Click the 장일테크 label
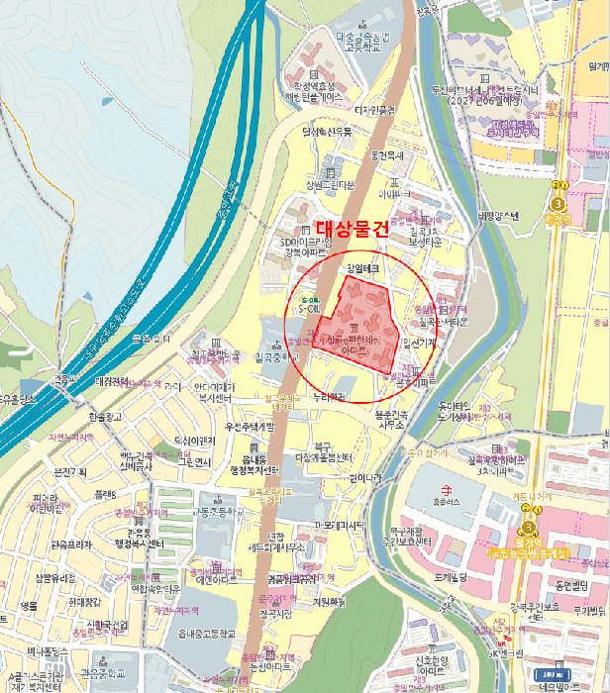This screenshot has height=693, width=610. click(x=362, y=268)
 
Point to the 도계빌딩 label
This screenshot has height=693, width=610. click(x=449, y=576)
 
